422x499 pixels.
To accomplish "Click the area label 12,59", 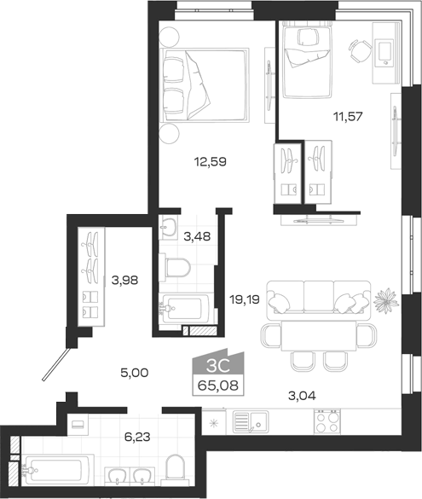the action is [x=211, y=162].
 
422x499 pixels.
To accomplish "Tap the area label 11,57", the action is [x=348, y=117].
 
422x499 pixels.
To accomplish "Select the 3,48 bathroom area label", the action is [x=197, y=236].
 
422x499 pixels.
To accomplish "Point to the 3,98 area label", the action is [x=124, y=281].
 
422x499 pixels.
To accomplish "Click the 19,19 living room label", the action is [x=245, y=299].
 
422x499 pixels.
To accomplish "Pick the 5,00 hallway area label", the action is [x=134, y=373].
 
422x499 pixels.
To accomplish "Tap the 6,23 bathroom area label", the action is [x=137, y=438].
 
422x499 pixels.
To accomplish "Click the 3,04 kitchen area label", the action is [x=302, y=396].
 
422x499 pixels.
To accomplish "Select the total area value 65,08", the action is [x=218, y=386].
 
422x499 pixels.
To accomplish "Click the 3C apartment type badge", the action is [x=218, y=366].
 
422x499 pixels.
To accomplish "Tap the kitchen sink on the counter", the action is [x=251, y=422].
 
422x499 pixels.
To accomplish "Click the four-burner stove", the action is [x=327, y=421].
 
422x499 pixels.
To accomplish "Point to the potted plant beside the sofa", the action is [x=386, y=300].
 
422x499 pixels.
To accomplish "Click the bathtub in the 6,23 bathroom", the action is [x=58, y=470].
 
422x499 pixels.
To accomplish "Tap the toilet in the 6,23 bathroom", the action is [x=175, y=467].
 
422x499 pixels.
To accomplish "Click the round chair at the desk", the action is [x=360, y=51].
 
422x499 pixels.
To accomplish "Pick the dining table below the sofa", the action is [x=319, y=335].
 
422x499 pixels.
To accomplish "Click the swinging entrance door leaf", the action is [x=56, y=364].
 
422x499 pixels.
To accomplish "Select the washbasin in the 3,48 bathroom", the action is [x=168, y=227].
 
